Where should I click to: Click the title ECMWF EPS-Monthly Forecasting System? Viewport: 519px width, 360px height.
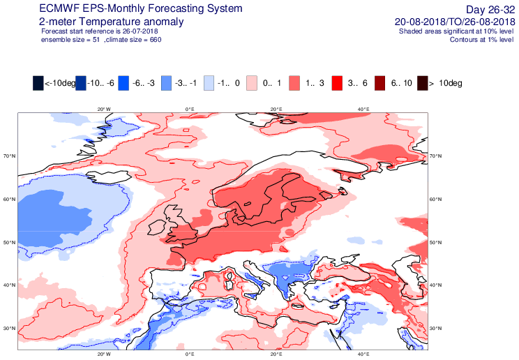click(x=141, y=8)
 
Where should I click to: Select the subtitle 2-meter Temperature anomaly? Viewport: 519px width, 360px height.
click(x=111, y=22)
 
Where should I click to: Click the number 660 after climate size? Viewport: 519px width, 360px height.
click(x=156, y=40)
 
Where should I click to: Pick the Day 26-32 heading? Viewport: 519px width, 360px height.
click(x=490, y=9)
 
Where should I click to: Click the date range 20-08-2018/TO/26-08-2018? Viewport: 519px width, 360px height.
click(x=455, y=22)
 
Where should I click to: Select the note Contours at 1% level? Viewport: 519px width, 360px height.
click(x=481, y=40)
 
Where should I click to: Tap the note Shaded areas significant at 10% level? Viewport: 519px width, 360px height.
click(x=456, y=31)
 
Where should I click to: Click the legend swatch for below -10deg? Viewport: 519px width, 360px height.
click(x=38, y=83)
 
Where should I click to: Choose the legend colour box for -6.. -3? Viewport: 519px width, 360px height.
click(x=123, y=83)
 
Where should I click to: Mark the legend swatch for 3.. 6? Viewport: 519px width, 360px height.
click(x=337, y=83)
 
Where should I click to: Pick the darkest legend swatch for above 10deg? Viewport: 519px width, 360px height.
click(x=422, y=83)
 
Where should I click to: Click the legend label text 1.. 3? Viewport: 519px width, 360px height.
click(x=315, y=83)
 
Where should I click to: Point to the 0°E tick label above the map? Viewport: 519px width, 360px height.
click(x=190, y=110)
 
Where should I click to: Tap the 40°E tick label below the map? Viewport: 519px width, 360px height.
click(x=363, y=354)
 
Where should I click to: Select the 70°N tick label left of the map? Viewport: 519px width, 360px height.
click(x=10, y=156)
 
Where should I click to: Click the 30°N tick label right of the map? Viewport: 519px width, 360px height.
click(x=435, y=329)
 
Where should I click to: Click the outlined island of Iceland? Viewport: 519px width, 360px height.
click(x=107, y=177)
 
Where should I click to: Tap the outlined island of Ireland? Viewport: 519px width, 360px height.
click(x=157, y=227)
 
